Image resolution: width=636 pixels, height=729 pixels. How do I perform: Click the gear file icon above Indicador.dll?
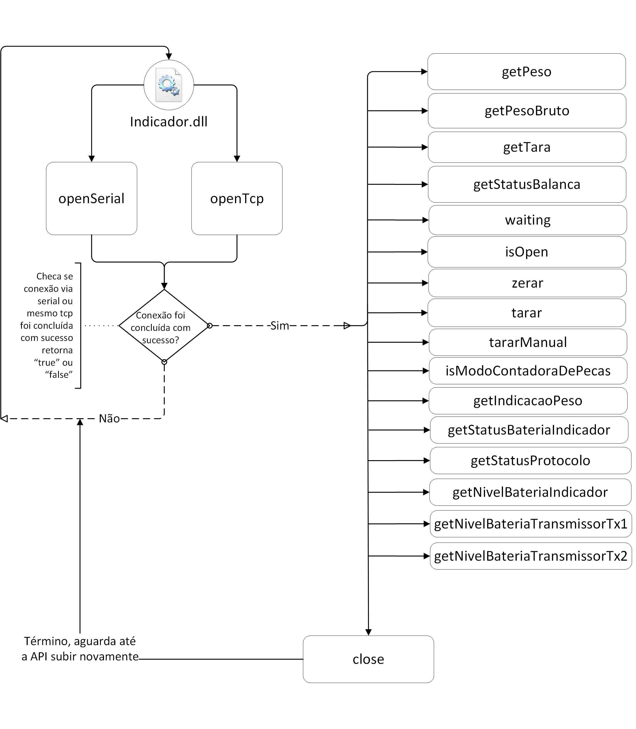tap(169, 85)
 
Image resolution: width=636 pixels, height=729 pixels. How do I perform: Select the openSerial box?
tap(92, 199)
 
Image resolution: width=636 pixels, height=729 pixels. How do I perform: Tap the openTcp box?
tap(237, 199)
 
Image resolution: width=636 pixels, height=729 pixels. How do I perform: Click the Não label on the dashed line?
tap(109, 419)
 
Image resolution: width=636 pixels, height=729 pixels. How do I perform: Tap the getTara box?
tap(527, 147)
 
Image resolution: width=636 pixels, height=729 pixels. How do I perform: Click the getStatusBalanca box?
tap(527, 184)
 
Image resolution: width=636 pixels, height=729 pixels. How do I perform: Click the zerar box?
tap(527, 283)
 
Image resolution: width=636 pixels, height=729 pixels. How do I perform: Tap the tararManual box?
tap(528, 342)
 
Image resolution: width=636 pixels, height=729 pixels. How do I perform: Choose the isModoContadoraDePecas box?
tap(528, 371)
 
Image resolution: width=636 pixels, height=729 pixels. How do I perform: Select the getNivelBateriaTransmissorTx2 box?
tap(531, 556)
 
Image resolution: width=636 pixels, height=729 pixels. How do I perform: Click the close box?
tap(368, 659)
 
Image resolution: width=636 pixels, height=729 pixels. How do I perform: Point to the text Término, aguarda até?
tap(80, 641)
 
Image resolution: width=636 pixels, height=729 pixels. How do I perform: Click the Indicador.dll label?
tap(169, 122)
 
